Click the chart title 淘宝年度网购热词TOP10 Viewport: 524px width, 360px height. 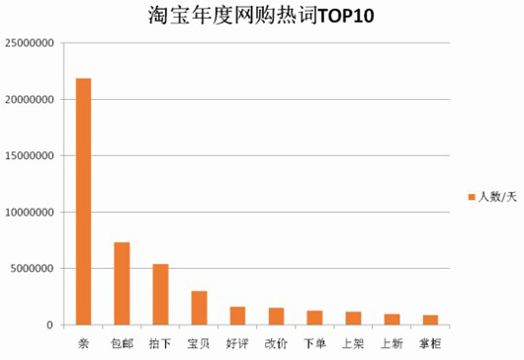pos(262,17)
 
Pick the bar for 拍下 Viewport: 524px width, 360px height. pos(161,294)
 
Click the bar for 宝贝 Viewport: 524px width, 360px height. pos(200,308)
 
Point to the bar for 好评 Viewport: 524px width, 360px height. pos(238,315)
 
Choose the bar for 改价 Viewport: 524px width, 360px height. pos(277,315)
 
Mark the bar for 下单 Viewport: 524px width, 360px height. pos(314,317)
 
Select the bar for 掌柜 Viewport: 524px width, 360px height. pos(430,319)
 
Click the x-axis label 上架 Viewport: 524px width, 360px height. pos(353,342)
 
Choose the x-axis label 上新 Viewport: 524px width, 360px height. pos(392,342)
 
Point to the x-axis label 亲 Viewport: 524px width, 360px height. pos(84,342)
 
